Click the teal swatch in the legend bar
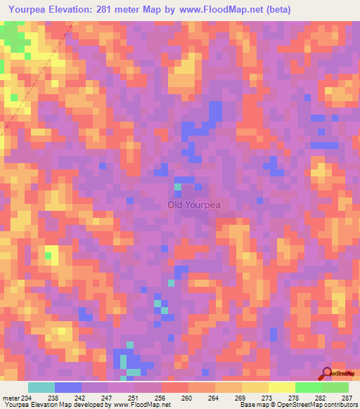(x=41, y=387)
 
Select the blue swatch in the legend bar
(x=68, y=387)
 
